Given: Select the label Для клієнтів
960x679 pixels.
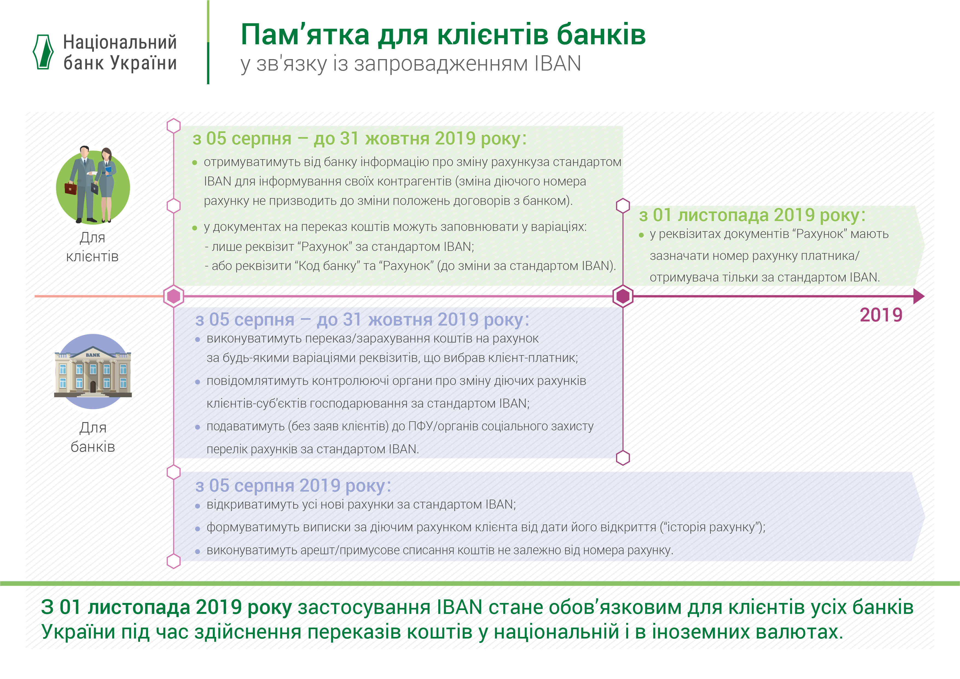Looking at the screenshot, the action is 92,247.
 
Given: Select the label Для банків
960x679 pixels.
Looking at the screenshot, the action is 92,437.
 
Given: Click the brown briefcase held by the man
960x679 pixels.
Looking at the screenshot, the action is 71,188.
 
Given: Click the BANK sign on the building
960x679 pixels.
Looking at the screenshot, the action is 93,355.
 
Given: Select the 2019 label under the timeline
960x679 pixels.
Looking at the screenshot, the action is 881,315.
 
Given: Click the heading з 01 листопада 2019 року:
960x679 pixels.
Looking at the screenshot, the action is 752,215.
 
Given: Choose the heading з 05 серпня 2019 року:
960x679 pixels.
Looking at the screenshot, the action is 293,486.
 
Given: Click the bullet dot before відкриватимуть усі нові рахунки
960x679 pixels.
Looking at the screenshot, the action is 198,506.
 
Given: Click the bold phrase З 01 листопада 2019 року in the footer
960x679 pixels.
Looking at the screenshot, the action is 166,608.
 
